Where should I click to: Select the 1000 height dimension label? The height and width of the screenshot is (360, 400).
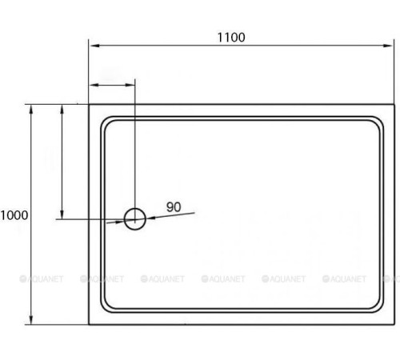click(x=14, y=214)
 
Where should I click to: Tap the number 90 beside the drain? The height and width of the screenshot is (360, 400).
click(x=174, y=206)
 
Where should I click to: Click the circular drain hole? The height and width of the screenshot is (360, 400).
click(x=135, y=218)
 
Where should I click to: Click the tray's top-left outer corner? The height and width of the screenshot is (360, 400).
click(x=88, y=104)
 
